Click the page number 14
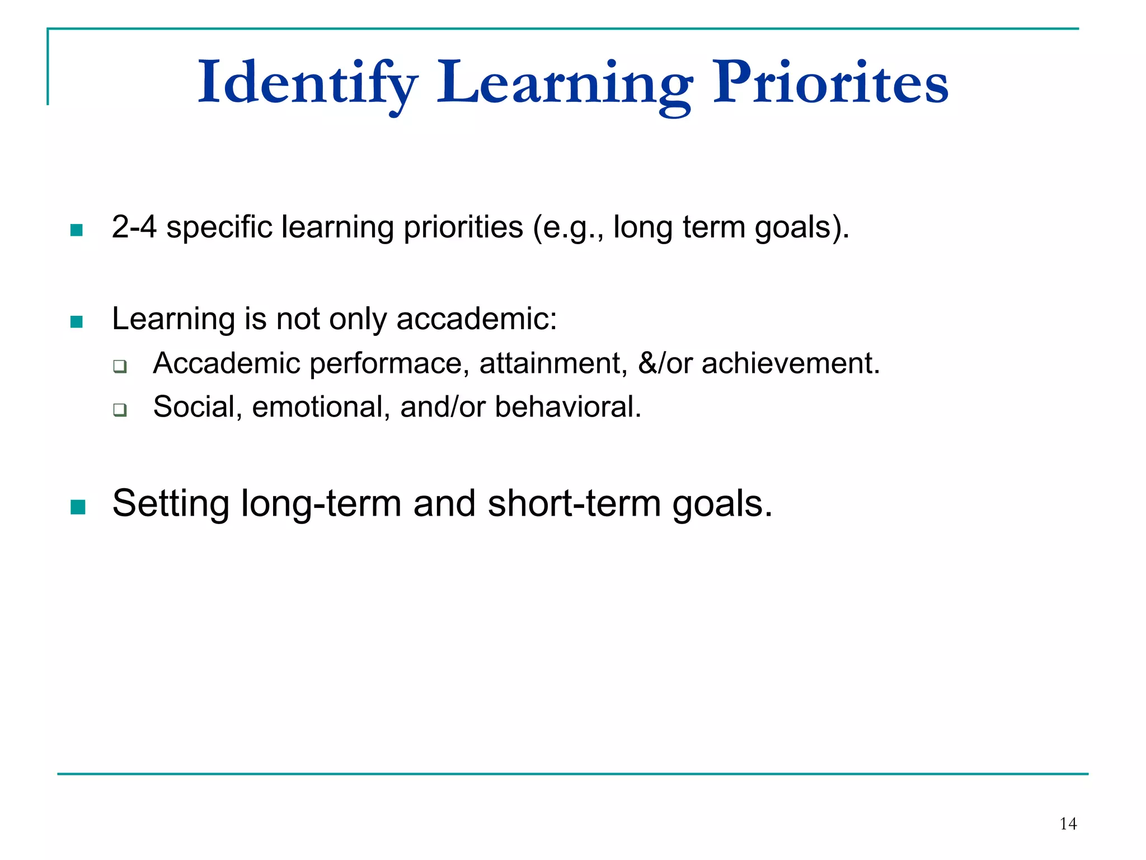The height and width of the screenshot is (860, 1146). [1068, 824]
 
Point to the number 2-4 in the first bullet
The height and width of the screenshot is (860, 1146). [134, 227]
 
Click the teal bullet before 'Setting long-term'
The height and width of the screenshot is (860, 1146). [78, 507]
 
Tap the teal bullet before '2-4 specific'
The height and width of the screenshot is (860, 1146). [77, 230]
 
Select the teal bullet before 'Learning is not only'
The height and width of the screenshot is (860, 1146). [77, 321]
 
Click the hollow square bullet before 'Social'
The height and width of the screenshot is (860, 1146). [120, 410]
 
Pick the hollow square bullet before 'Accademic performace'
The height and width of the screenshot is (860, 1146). [120, 367]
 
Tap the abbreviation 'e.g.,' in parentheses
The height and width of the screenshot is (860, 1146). [568, 228]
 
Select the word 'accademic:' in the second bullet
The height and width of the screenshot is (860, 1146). [477, 319]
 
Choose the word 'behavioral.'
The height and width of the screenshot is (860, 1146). [567, 406]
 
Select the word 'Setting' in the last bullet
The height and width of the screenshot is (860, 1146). [171, 503]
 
